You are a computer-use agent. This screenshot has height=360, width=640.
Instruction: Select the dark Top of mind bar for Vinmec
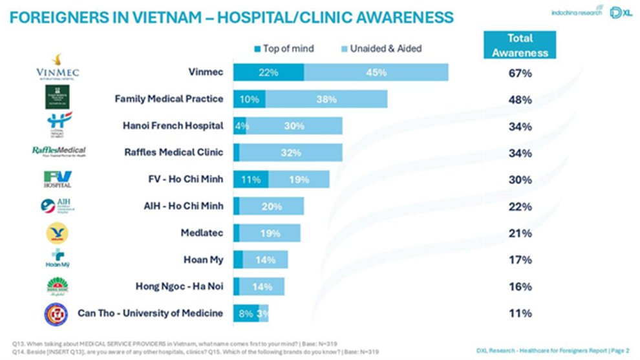[268, 73]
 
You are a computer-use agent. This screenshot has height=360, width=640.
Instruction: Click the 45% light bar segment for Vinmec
[376, 73]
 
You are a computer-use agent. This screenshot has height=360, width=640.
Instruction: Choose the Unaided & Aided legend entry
[381, 48]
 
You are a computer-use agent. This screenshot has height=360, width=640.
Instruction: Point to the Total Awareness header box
[520, 46]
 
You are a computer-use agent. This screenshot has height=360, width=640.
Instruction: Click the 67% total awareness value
[520, 74]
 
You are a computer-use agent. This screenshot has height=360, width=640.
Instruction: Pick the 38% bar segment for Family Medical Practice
[326, 100]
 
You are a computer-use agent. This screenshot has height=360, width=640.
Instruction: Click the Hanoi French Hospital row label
[173, 126]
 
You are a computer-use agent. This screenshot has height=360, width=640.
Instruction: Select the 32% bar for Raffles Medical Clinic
[291, 153]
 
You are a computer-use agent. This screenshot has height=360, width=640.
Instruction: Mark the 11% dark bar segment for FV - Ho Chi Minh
[251, 180]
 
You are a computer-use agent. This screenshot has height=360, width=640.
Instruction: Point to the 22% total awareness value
[520, 207]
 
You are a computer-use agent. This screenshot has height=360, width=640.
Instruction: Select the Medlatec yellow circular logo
[57, 233]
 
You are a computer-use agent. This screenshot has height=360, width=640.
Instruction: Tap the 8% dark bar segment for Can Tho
[246, 313]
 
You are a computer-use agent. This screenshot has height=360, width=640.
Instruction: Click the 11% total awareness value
[520, 313]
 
